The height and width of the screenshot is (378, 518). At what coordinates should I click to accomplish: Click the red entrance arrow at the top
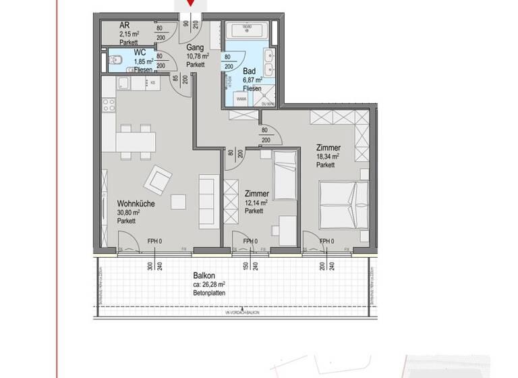coord(192,3)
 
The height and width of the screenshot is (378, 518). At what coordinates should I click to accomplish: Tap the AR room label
coord(125,25)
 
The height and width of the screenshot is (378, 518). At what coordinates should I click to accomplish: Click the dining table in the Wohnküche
coord(135,142)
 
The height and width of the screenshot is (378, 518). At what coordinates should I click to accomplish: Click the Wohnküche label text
coord(133,202)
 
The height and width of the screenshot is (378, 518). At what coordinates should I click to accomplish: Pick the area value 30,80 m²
coord(128,212)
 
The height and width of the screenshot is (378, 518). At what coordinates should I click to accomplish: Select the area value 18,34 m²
coord(327,157)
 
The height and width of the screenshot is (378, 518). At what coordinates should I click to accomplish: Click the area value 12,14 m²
coord(256,202)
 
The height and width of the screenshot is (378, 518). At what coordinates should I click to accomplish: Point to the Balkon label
coord(203,275)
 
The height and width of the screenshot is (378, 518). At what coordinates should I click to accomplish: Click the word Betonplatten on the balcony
coord(208,293)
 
